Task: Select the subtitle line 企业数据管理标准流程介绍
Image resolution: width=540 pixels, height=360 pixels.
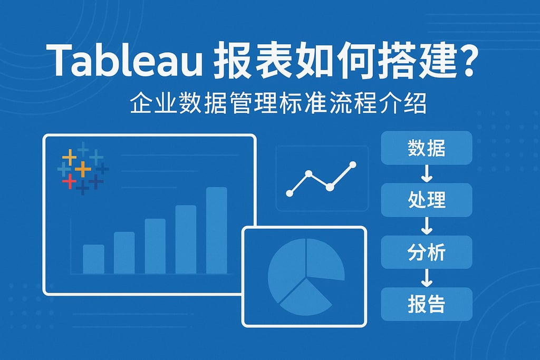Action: [278, 104]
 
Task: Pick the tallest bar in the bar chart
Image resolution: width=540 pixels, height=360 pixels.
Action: [216, 230]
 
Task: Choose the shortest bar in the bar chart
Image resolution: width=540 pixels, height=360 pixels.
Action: [93, 259]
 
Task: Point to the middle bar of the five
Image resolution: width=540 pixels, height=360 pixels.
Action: [155, 246]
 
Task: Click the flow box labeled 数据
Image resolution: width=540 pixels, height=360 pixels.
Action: [426, 149]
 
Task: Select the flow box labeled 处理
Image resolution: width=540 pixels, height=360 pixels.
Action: [426, 200]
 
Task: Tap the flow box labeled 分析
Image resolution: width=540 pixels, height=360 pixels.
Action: [426, 252]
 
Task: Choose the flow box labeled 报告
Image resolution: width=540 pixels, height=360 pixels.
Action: [426, 304]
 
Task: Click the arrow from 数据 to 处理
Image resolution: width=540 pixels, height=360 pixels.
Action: [426, 174]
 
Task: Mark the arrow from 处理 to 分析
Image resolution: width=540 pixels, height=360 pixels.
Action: [426, 226]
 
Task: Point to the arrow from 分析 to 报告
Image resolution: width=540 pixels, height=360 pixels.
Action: [426, 278]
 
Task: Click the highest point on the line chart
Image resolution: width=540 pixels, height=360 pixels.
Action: [352, 165]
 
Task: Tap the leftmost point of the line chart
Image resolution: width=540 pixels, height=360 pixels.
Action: [289, 193]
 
